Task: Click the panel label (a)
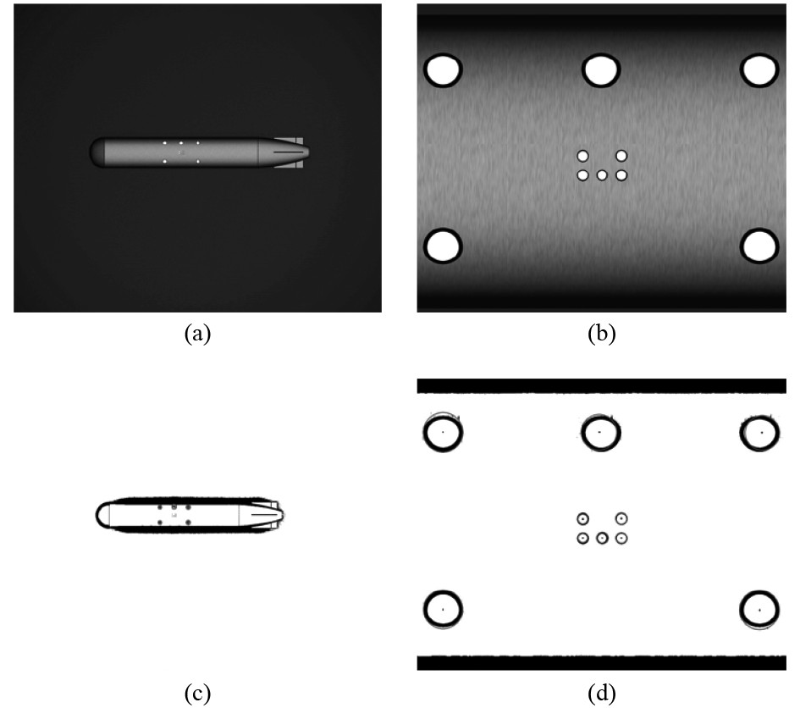197,334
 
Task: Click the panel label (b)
602,334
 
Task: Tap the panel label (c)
197,694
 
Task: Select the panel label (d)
602,694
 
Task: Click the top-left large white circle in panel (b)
443,70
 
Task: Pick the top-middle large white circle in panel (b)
601,70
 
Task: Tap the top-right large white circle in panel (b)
759,70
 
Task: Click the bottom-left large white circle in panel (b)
443,246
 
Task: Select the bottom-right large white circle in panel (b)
759,246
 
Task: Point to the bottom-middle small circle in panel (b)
602,175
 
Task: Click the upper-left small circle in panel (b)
582,156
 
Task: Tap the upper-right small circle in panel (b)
621,156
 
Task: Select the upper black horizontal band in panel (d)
602,386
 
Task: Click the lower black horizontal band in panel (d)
602,662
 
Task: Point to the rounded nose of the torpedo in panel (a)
97,152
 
